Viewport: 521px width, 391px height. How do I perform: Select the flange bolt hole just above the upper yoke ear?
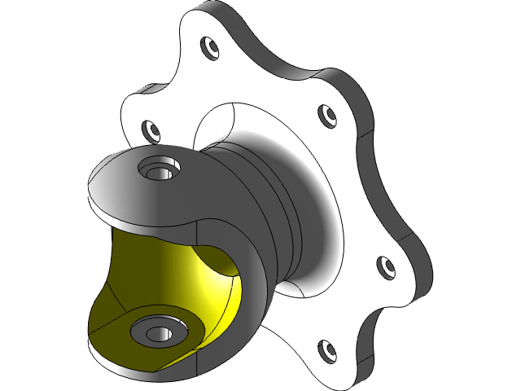151,129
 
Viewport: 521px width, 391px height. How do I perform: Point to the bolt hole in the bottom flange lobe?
326,350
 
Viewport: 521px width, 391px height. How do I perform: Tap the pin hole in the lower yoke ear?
155,332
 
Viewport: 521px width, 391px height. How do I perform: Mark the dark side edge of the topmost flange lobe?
244,33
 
